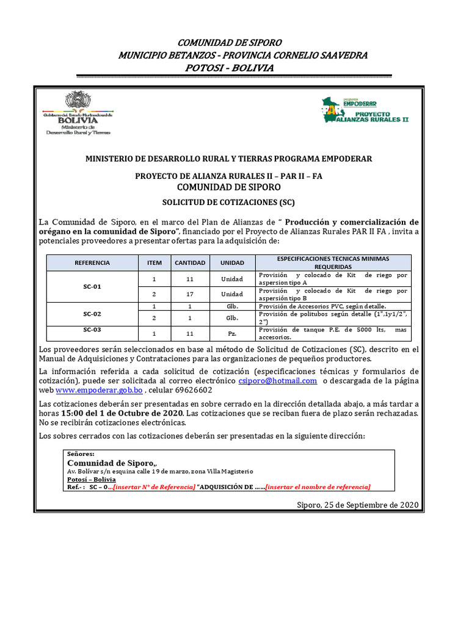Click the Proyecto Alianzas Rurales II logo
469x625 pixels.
coord(365,110)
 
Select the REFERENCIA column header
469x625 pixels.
coord(92,262)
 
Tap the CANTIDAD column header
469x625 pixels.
coord(190,262)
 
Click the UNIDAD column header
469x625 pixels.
coord(232,262)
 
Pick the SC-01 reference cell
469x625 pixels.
coord(92,286)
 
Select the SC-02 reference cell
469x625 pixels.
coord(92,314)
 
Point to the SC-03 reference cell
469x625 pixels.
coord(92,329)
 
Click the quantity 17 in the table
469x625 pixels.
coord(190,294)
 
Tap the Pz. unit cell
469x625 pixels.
coord(232,334)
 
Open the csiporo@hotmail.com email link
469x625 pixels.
coord(278,380)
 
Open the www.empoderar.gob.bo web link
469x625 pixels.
coord(100,390)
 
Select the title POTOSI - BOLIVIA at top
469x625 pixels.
coord(229,68)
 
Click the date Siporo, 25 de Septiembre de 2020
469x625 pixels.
coord(357,505)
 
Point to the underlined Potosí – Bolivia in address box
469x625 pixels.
coord(92,479)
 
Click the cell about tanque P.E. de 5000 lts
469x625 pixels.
coord(333,333)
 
